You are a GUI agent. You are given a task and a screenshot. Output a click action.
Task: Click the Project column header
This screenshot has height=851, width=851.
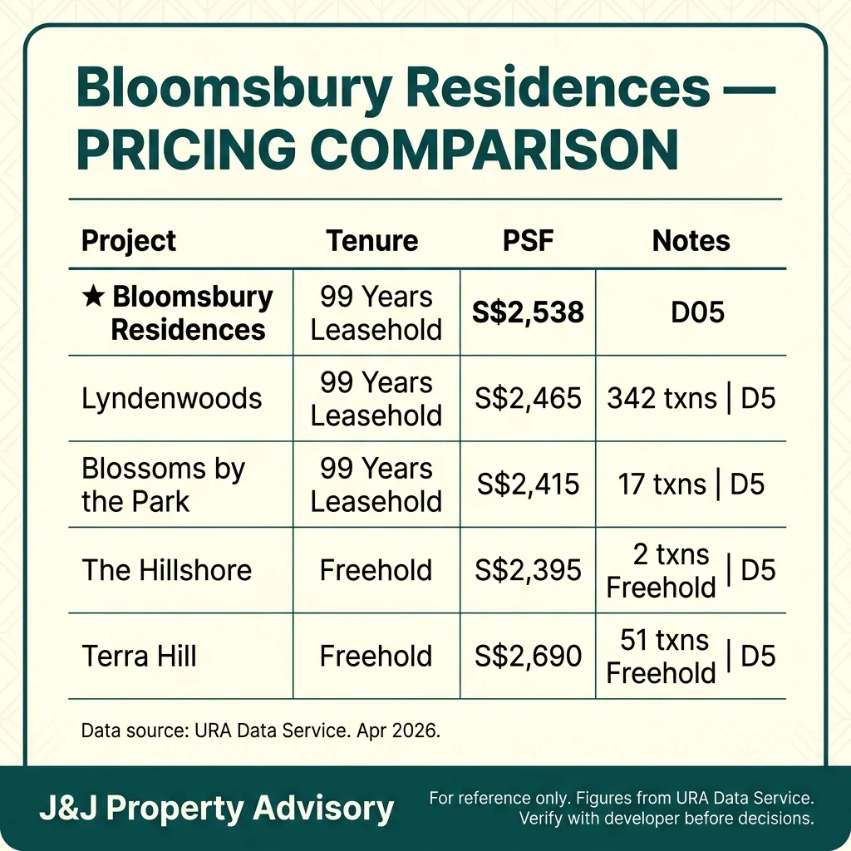coord(129,241)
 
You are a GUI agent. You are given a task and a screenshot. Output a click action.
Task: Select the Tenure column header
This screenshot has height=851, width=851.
coord(371,241)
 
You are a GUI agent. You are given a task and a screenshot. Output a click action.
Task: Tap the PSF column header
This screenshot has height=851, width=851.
coord(528,241)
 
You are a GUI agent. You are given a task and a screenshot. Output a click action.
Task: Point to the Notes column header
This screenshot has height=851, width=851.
coord(691,241)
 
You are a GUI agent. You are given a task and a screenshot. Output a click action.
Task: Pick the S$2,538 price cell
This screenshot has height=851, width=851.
coord(529,312)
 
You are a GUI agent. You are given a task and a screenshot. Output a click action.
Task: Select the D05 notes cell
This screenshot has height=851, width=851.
coord(691,312)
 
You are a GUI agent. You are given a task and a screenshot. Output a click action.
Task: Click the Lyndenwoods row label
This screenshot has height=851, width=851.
coord(171,398)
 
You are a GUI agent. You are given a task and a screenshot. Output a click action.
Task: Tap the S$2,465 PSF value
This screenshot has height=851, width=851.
coord(529,398)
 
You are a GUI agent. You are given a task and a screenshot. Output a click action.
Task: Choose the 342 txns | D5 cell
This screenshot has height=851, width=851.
coord(691,398)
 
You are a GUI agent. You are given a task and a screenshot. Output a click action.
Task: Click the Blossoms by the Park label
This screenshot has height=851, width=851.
coord(163,485)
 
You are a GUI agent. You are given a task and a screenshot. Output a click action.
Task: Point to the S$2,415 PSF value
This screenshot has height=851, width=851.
coord(529,485)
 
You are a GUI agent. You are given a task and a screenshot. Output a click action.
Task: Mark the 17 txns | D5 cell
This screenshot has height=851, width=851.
coord(691,485)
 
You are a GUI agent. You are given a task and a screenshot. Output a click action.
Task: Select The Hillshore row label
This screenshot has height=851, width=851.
coord(166,570)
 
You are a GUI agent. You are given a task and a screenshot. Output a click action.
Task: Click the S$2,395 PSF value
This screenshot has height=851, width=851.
coord(529,570)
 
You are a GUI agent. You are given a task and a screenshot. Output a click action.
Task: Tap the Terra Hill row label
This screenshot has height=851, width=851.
coord(139,657)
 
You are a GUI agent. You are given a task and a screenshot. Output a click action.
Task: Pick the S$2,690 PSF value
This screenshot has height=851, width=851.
coord(529,657)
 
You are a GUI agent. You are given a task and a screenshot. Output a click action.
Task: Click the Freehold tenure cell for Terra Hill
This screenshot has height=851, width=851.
coord(376,657)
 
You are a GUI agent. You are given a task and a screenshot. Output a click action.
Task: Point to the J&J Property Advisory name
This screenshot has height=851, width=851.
coord(216,808)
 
